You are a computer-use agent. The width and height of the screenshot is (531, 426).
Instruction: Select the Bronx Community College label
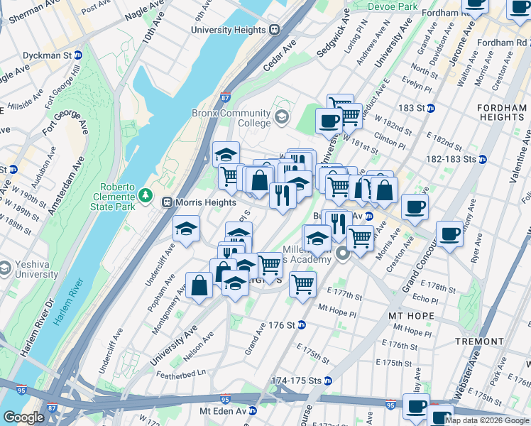tap(231, 118)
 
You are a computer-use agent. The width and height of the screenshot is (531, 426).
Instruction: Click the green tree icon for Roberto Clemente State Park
tap(146, 194)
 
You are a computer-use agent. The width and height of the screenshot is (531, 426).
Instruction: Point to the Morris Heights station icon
tap(168, 202)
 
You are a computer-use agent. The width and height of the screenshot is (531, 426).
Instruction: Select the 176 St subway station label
tap(281, 325)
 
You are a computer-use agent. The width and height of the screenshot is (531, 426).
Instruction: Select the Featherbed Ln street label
tap(181, 372)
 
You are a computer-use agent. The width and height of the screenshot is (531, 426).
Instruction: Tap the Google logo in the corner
tap(23, 417)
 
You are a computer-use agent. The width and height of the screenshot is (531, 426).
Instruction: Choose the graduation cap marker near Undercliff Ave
tap(186, 229)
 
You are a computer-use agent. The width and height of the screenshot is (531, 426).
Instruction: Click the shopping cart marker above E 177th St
tap(302, 284)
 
